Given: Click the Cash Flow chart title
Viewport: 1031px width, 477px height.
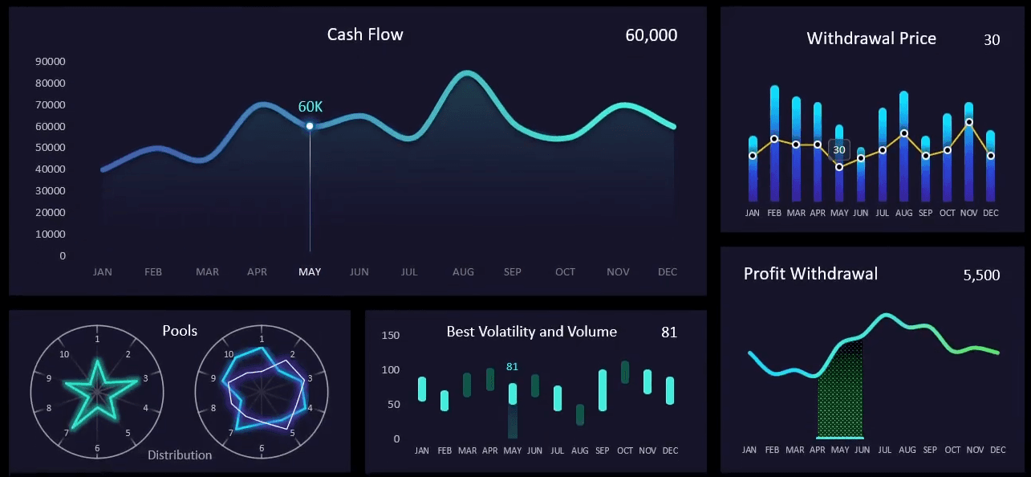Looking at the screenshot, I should [365, 35].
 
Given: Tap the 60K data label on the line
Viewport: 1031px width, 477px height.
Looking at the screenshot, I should [311, 107].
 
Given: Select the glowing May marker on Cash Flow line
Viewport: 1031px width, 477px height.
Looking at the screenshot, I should [310, 126].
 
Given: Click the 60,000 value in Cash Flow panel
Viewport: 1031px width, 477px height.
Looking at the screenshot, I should [651, 35].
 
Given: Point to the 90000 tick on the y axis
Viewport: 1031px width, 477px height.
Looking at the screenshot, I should [51, 61].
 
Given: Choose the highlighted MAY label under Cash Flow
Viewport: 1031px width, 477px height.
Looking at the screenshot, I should [310, 272].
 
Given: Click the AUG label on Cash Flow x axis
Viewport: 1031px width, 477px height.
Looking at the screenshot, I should [463, 272].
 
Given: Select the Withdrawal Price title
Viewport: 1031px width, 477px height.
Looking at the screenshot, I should [871, 39].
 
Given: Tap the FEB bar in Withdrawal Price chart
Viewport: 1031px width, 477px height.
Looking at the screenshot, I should [774, 145].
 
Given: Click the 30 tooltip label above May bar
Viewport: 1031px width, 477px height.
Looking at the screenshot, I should [839, 149].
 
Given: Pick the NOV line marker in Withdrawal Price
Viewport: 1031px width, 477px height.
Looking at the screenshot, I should [969, 122].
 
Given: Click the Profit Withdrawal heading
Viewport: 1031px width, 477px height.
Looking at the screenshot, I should [810, 274].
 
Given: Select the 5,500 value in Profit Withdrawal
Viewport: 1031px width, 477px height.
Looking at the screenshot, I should [981, 275].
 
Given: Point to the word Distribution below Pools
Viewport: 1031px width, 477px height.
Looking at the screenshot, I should [180, 455].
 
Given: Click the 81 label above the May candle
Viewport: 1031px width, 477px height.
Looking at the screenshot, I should [512, 367].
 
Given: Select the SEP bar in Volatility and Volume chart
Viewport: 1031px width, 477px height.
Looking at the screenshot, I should [603, 390].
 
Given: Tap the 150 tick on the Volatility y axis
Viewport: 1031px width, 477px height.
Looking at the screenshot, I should [390, 336].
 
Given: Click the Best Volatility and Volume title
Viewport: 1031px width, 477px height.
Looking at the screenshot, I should [531, 332].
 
